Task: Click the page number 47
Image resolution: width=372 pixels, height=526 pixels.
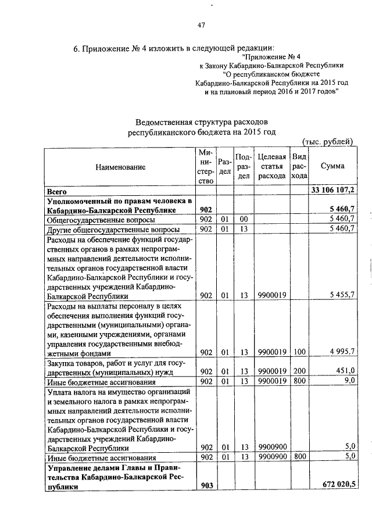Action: point(202,25)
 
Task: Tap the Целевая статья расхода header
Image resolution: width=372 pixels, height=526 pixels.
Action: point(272,166)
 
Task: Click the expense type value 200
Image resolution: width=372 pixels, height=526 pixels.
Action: point(299,371)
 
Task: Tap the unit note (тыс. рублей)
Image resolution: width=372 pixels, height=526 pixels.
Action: point(328,141)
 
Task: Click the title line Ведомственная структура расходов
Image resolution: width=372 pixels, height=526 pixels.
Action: point(201,123)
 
